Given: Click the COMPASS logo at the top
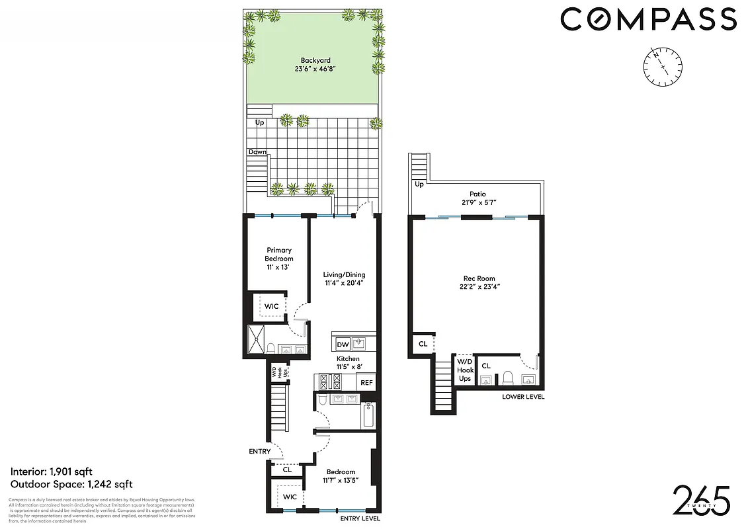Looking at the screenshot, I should pyautogui.click(x=648, y=19).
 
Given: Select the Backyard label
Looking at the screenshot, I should pyautogui.click(x=312, y=65).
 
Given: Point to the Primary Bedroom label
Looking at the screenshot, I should pyautogui.click(x=278, y=259).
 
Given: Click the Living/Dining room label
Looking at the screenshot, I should pyautogui.click(x=344, y=278).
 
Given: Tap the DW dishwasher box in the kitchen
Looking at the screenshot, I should pyautogui.click(x=343, y=345).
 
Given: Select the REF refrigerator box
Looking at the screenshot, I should pyautogui.click(x=366, y=382).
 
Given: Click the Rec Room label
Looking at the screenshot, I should pyautogui.click(x=479, y=282).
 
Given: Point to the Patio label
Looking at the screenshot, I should pyautogui.click(x=478, y=198).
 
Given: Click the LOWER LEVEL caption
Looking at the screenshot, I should pyautogui.click(x=522, y=396).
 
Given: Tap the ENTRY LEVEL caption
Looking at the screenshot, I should pyautogui.click(x=360, y=519).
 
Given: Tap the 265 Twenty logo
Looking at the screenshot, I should pyautogui.click(x=701, y=501).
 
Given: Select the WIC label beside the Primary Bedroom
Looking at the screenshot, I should pyautogui.click(x=272, y=307).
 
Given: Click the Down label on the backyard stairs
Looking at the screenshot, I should pyautogui.click(x=257, y=152).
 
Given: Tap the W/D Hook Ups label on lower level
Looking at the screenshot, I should pyautogui.click(x=464, y=370).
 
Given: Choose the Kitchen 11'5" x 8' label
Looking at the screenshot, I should pyautogui.click(x=348, y=362).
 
